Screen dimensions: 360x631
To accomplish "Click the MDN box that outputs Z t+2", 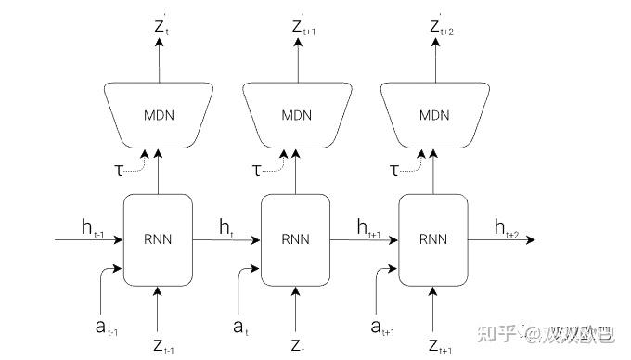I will click(432, 115).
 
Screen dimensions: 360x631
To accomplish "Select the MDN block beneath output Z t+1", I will click(294, 115).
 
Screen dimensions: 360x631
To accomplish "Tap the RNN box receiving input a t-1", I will click(158, 239).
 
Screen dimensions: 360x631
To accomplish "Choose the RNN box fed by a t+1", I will click(432, 239).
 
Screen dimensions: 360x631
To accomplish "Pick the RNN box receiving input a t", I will click(295, 239).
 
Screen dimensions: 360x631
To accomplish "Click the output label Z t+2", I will click(439, 27).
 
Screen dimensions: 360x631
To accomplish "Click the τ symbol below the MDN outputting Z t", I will click(118, 170).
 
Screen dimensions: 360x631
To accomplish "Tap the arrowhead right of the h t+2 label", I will click(531, 240).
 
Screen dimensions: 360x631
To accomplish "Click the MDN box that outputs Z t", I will click(158, 115).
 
